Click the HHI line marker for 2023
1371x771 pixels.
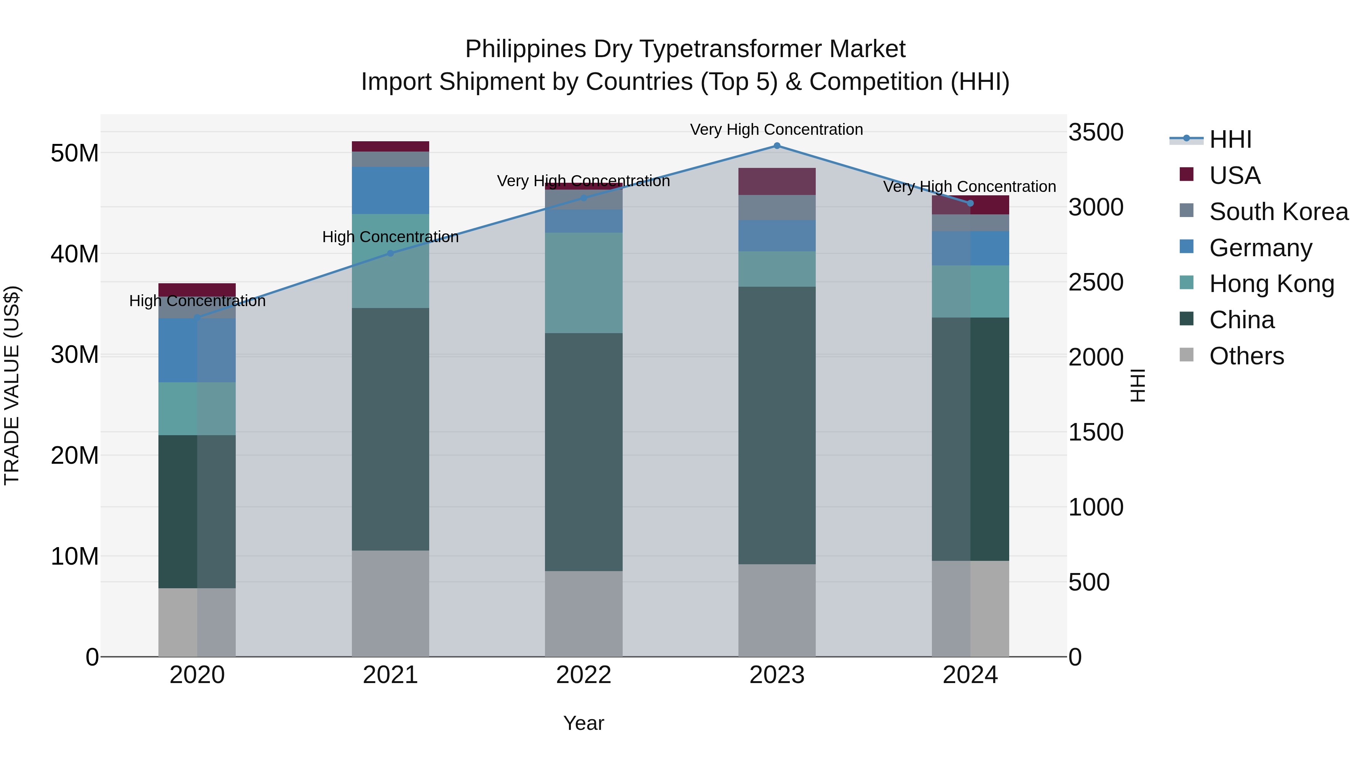point(777,146)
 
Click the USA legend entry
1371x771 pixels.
point(1234,176)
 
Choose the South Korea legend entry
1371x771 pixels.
point(1278,212)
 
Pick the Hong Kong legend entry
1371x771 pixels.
point(1272,284)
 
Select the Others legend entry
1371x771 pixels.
point(1246,356)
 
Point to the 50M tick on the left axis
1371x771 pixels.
point(75,153)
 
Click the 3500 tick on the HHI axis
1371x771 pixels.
point(1096,132)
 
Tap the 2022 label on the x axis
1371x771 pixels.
point(583,675)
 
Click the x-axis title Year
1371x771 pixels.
point(583,723)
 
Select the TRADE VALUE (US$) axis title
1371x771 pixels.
point(12,385)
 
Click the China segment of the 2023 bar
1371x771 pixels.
point(777,426)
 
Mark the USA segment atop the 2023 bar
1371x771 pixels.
point(777,182)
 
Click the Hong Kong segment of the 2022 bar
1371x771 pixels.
point(583,283)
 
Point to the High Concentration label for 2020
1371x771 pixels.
point(197,301)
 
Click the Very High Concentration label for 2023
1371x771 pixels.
point(777,129)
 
